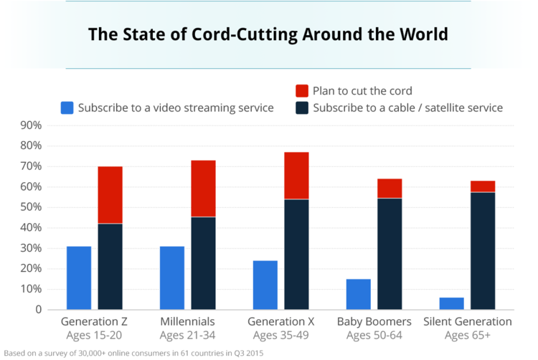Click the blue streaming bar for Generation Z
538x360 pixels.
(x=79, y=278)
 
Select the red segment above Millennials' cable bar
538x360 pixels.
(x=203, y=189)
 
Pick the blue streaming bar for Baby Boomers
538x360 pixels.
(x=359, y=295)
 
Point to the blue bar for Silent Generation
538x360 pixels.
(x=452, y=304)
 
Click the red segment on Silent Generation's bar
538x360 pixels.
(x=483, y=186)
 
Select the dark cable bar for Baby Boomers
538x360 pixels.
(x=390, y=254)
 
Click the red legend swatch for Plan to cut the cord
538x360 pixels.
(x=303, y=91)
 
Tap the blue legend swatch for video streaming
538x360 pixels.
(x=67, y=108)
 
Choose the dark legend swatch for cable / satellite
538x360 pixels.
(x=303, y=108)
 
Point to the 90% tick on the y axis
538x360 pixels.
(x=32, y=125)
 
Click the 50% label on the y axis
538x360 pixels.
(x=32, y=207)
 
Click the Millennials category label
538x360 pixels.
(x=187, y=321)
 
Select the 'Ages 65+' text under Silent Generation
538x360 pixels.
(x=467, y=334)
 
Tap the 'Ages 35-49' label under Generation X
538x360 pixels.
(x=280, y=334)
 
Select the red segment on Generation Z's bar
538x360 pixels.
(x=110, y=195)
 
